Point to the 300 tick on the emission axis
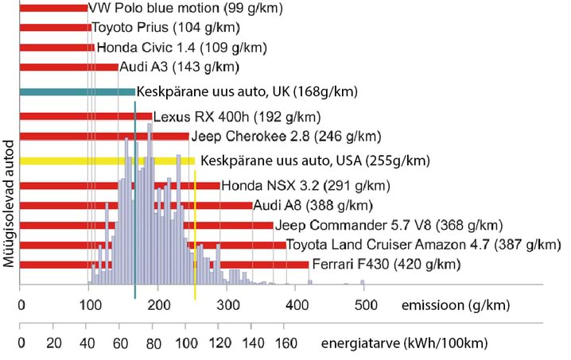227,304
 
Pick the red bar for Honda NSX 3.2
119,187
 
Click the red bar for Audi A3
68,67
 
